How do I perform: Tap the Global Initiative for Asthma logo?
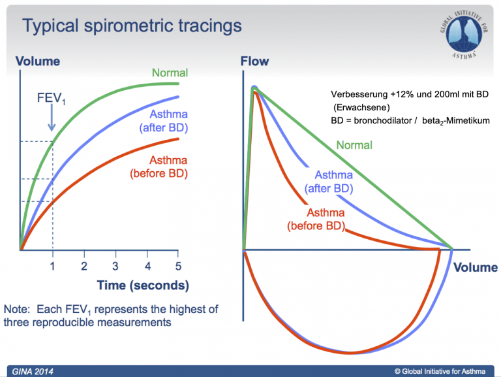click(x=464, y=34)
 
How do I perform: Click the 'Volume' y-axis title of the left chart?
click(x=38, y=61)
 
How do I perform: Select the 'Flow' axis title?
click(x=254, y=61)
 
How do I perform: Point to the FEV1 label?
click(x=51, y=98)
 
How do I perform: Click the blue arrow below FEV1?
click(x=52, y=118)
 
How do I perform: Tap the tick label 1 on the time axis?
click(x=53, y=267)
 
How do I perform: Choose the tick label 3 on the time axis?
click(x=115, y=267)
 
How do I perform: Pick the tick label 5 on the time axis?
click(x=178, y=267)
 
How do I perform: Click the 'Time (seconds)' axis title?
click(x=143, y=286)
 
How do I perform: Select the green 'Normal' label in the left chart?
click(x=170, y=73)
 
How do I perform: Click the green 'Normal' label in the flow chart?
click(x=354, y=145)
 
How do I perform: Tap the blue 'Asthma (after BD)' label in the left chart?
click(x=164, y=121)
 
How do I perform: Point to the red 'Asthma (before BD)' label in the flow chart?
click(x=316, y=220)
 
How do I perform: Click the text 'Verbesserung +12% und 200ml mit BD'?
click(x=410, y=94)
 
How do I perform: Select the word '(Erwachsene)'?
click(x=361, y=108)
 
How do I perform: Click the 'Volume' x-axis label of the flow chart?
click(x=476, y=267)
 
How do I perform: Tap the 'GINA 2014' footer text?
click(x=33, y=372)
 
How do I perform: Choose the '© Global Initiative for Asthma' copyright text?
click(x=440, y=371)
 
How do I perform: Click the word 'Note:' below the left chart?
click(x=17, y=310)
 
